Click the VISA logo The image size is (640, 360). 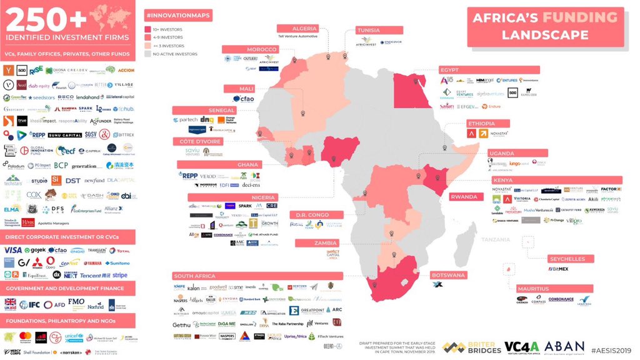(13, 250)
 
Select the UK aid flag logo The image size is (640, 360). (11, 304)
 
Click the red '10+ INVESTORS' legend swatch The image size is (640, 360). (148, 29)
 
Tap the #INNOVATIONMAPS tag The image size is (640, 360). (178, 14)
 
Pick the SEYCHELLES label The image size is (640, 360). (567, 259)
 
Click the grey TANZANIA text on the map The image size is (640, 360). (496, 239)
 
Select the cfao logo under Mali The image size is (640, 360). (244, 99)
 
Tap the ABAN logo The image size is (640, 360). (564, 347)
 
